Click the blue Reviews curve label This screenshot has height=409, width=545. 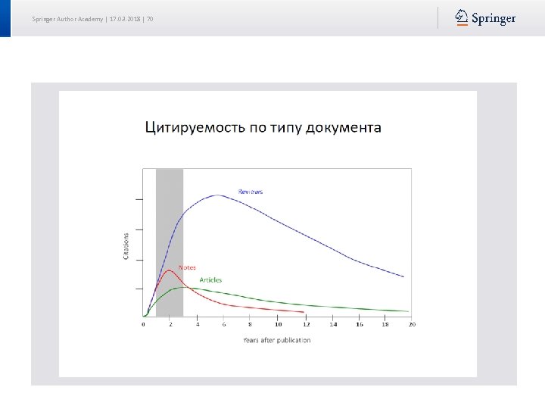pyautogui.click(x=251, y=192)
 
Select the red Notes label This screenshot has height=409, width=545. pyautogui.click(x=187, y=267)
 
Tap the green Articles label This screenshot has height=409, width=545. pyautogui.click(x=210, y=280)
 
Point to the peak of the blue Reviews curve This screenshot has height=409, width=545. pyautogui.click(x=218, y=195)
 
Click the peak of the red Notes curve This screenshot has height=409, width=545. pyautogui.click(x=170, y=270)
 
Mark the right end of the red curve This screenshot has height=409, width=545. pyautogui.click(x=304, y=311)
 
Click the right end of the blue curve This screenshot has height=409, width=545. pyautogui.click(x=403, y=276)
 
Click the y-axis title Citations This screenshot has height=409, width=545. pyautogui.click(x=126, y=245)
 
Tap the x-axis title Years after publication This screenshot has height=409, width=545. pyautogui.click(x=276, y=340)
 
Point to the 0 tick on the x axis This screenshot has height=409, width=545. pyautogui.click(x=144, y=324)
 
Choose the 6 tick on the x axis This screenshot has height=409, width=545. pyautogui.click(x=224, y=324)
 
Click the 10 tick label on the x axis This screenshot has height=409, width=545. pyautogui.click(x=278, y=324)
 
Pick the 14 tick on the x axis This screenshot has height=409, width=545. pyautogui.click(x=332, y=324)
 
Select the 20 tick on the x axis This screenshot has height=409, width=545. pyautogui.click(x=412, y=324)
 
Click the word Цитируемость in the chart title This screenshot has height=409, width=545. pyautogui.click(x=194, y=127)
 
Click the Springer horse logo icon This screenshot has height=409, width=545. pyautogui.click(x=461, y=17)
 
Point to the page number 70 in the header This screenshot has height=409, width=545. pyautogui.click(x=150, y=18)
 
